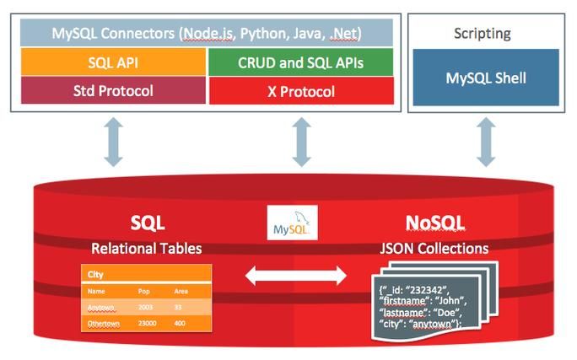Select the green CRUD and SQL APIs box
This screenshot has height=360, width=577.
[299, 62]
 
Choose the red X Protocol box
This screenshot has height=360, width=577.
[299, 90]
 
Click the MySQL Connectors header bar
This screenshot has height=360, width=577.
[206, 34]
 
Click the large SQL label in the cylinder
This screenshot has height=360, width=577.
[147, 223]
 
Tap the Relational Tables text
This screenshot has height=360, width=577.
[147, 249]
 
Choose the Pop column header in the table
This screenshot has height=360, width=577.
[143, 291]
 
